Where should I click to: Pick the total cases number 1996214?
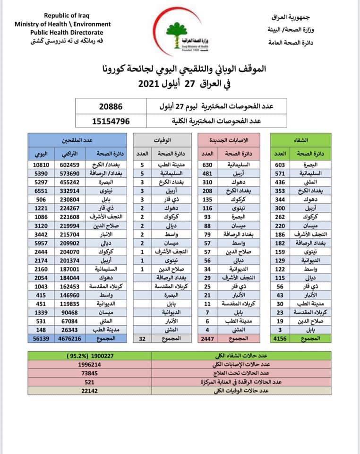90,365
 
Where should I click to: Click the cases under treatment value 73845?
90,373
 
